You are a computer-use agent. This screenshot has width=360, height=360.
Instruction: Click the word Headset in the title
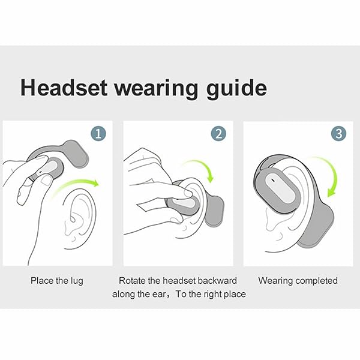tap(64, 88)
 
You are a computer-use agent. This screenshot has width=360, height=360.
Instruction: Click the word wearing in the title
tap(156, 89)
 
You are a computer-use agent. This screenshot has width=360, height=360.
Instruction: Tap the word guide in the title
tap(236, 89)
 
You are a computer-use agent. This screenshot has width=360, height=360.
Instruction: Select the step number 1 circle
tap(98, 133)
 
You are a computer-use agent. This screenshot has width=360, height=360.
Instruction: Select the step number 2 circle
tap(218, 133)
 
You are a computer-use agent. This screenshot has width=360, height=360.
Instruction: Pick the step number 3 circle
tap(339, 133)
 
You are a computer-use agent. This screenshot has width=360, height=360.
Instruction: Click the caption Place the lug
tap(57, 281)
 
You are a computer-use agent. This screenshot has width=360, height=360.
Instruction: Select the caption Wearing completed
tap(298, 281)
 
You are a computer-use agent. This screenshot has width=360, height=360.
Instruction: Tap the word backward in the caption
tap(217, 281)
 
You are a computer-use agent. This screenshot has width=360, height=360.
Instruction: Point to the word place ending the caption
tap(235, 295)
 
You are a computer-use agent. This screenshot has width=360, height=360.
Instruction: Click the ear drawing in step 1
tap(80, 218)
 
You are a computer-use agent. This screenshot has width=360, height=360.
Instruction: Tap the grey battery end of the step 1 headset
tap(77, 153)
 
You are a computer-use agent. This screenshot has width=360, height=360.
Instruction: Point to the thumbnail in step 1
tap(47, 180)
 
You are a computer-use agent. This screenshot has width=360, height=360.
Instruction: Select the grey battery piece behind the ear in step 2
tap(215, 211)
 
